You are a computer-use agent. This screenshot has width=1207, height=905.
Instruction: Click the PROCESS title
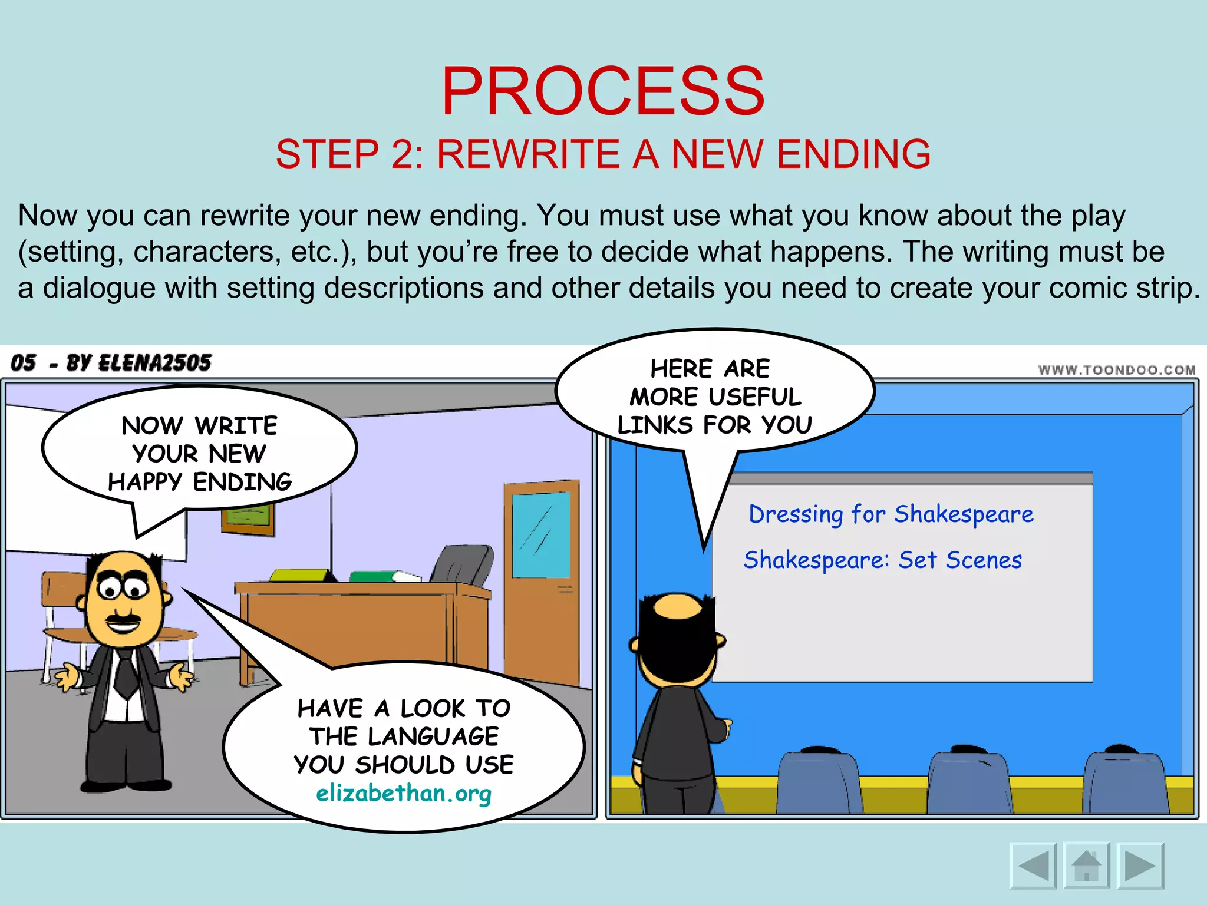point(603,91)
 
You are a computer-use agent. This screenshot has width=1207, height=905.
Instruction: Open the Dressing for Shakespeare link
point(891,514)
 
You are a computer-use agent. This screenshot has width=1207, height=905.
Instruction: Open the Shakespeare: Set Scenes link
point(882,560)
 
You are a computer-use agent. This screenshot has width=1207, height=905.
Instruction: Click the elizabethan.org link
point(404,794)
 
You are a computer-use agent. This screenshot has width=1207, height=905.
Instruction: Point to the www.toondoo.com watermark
point(1117,370)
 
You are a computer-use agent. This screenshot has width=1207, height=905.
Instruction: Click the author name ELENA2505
point(154,363)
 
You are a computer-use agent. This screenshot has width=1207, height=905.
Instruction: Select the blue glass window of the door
point(541,535)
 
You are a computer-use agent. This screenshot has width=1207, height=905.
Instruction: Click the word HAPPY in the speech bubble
point(145,482)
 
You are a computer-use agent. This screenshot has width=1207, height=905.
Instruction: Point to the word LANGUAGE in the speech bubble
point(433,736)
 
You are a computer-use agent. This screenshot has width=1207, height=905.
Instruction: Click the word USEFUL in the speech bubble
point(757,397)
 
